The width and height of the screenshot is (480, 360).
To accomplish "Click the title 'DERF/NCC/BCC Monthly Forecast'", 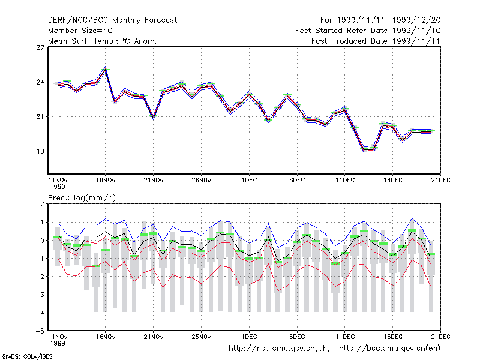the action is pyautogui.click(x=112, y=20).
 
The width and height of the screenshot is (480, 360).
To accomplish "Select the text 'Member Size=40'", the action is pyautogui.click(x=80, y=31).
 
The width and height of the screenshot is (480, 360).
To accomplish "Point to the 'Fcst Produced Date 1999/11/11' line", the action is pyautogui.click(x=376, y=41).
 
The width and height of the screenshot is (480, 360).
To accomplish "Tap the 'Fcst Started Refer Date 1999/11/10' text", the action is pyautogui.click(x=368, y=31).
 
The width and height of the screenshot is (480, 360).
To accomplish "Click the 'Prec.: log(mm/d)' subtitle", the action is pyautogui.click(x=82, y=198).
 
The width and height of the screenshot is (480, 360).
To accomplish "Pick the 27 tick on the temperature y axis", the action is pyautogui.click(x=40, y=47).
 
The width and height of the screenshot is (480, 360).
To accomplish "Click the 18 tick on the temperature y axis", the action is pyautogui.click(x=40, y=151).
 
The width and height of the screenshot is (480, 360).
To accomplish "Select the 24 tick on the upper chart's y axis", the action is pyautogui.click(x=40, y=82).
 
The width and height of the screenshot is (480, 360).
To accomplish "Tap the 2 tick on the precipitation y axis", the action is pyautogui.click(x=42, y=204).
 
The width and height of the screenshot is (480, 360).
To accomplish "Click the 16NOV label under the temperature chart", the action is pyautogui.click(x=106, y=180).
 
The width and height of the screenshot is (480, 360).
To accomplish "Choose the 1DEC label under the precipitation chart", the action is pyautogui.click(x=249, y=337).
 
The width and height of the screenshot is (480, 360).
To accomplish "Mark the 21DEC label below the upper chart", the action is pyautogui.click(x=440, y=180).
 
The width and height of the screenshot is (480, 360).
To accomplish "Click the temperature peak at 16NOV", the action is pyautogui.click(x=106, y=68).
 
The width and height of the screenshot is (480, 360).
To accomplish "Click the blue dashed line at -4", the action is pyautogui.click(x=245, y=313).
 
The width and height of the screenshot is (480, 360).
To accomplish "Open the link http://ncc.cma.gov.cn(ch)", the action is pyautogui.click(x=279, y=349).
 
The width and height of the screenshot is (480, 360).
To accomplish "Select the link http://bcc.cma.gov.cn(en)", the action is pyautogui.click(x=389, y=349).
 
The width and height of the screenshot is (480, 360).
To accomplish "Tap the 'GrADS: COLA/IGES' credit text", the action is pyautogui.click(x=27, y=356).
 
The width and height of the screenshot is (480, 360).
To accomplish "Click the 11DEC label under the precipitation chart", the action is pyautogui.click(x=345, y=337).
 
